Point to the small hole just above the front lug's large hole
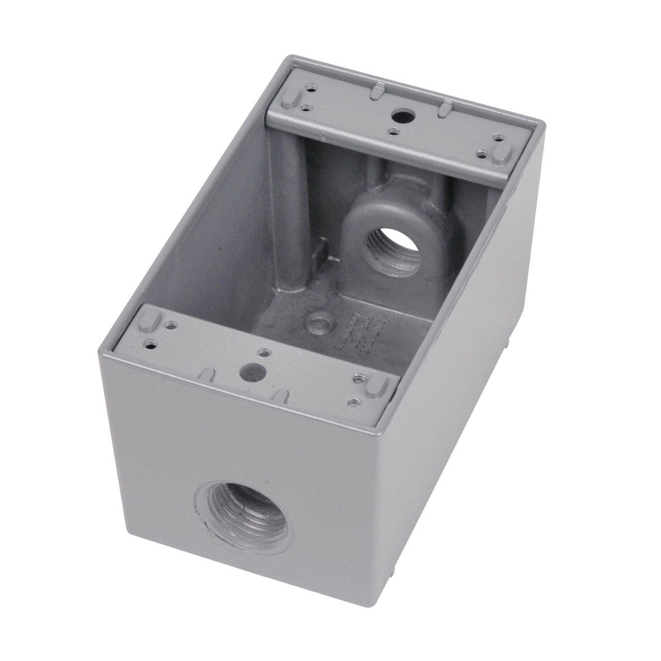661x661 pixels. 264,353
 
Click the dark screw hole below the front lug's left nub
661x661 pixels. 151,341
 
